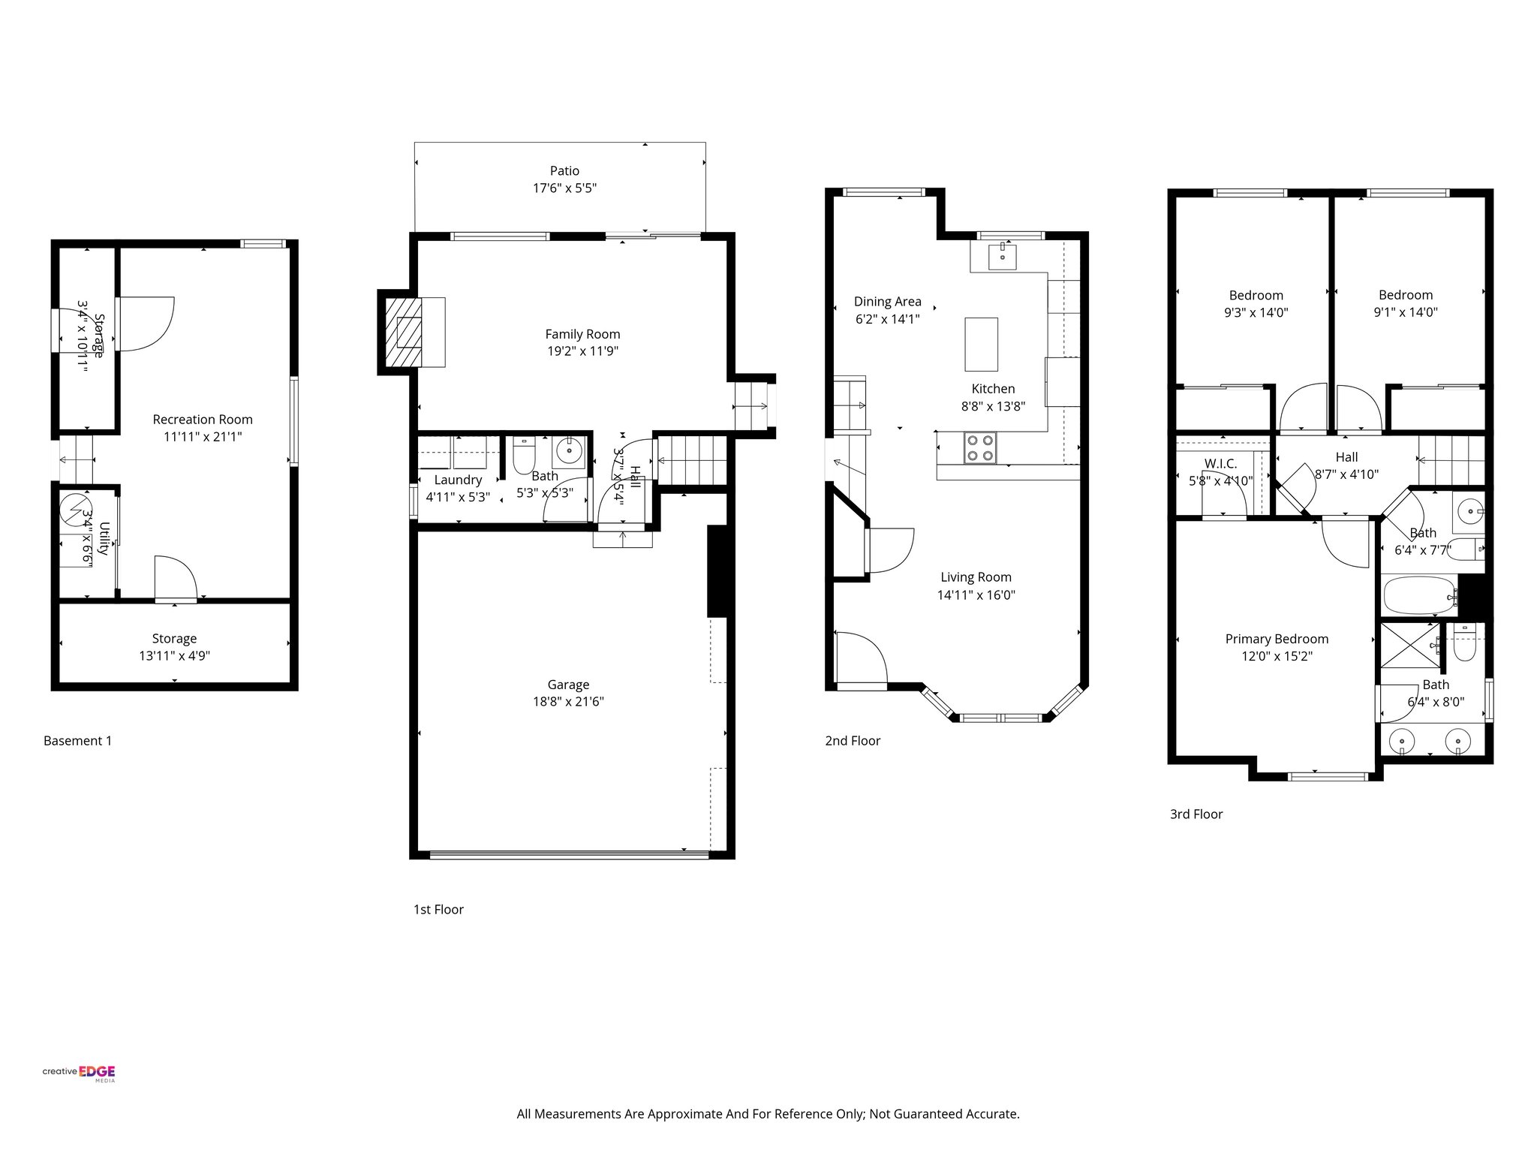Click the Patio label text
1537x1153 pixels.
pyautogui.click(x=564, y=171)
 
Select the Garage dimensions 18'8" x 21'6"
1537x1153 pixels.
pyautogui.click(x=567, y=702)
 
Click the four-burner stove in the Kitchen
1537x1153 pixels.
pyautogui.click(x=980, y=448)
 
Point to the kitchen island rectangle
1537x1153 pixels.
pyautogui.click(x=981, y=345)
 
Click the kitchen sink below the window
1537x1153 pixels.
pyautogui.click(x=1002, y=256)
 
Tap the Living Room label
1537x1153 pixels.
pyautogui.click(x=976, y=577)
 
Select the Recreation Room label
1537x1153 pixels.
pyautogui.click(x=203, y=420)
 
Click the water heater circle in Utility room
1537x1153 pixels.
pyautogui.click(x=75, y=509)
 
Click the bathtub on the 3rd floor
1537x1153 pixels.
pyautogui.click(x=1418, y=596)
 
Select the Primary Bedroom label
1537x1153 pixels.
pyautogui.click(x=1277, y=639)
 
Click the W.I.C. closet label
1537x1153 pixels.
pyautogui.click(x=1220, y=464)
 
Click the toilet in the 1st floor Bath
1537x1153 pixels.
pyautogui.click(x=523, y=455)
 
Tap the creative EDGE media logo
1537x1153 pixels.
pyautogui.click(x=79, y=1073)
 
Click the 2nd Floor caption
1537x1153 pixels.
pyautogui.click(x=853, y=741)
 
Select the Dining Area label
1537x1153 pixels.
pyautogui.click(x=887, y=302)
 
